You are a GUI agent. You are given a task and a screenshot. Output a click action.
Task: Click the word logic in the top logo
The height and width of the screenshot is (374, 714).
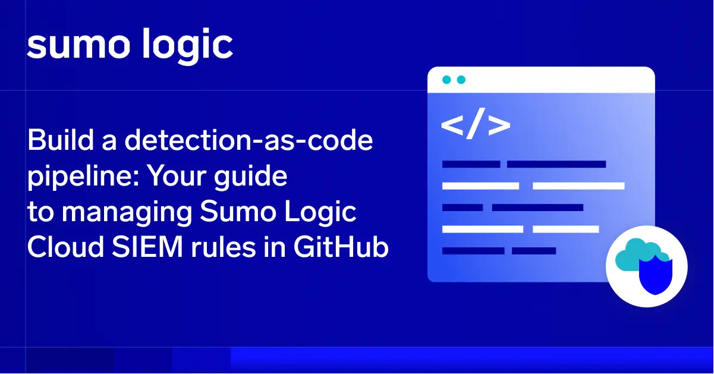click(187, 46)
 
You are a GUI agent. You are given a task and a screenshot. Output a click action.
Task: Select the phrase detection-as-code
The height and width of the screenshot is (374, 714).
click(249, 140)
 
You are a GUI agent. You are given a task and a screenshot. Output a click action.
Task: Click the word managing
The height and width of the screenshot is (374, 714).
click(127, 213)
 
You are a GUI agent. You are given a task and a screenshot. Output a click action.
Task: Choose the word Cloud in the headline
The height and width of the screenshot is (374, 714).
click(65, 247)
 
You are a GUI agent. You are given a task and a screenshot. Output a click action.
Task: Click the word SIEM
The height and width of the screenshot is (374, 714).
click(147, 247)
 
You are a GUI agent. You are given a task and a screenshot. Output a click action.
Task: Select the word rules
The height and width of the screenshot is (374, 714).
click(224, 247)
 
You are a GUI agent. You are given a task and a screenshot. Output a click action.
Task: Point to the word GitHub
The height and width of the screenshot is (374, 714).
click(341, 247)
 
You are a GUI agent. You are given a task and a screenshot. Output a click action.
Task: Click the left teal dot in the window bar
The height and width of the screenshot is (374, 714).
click(446, 80)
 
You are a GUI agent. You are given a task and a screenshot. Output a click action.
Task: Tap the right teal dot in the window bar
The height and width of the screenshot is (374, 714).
click(461, 80)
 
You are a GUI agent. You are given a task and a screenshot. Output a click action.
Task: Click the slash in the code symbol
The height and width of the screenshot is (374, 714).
click(476, 124)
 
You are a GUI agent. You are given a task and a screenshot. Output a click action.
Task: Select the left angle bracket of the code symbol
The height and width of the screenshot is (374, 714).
click(452, 125)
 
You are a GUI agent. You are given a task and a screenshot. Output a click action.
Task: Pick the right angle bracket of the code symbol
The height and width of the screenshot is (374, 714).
click(499, 125)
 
